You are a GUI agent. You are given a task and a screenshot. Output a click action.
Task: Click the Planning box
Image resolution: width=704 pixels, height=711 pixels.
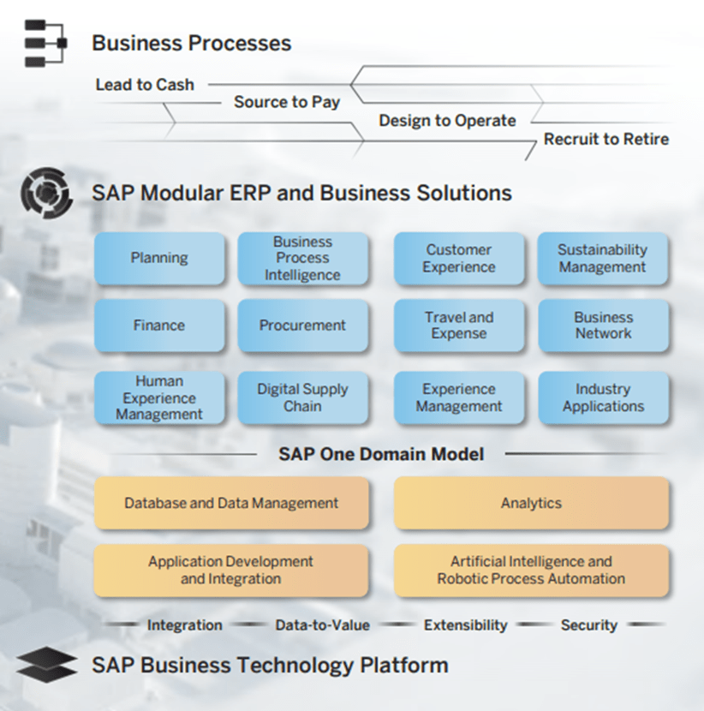coord(159,258)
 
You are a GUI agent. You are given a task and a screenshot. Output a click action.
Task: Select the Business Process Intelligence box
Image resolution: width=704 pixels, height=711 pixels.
coord(302,258)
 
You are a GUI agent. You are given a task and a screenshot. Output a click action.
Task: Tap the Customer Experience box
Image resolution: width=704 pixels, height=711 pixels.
coord(459,258)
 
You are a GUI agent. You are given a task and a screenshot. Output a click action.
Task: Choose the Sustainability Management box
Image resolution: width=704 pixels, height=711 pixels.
coord(603,258)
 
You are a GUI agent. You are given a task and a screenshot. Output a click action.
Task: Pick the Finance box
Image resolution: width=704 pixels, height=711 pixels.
coord(159,326)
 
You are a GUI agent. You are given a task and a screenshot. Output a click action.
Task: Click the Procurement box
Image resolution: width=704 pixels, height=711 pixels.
coord(302,326)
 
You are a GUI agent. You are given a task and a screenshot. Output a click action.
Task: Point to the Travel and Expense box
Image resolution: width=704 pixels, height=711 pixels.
coord(459,326)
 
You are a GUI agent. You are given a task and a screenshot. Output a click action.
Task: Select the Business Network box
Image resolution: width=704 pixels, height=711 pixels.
coord(603,326)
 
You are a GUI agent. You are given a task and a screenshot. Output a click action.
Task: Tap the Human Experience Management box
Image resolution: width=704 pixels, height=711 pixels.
coord(159,397)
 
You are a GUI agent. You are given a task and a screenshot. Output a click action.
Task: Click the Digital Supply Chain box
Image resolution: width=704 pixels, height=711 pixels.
coord(302,397)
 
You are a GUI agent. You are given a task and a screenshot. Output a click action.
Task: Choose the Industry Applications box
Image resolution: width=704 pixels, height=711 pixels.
coord(603,397)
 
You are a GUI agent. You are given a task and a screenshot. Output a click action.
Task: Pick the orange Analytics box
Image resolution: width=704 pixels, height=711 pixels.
coord(531,504)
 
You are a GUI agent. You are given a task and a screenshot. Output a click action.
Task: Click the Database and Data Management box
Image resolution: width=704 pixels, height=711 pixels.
coord(231,504)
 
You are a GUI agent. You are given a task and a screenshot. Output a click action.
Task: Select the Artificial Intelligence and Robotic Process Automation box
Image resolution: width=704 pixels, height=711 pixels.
coord(531,570)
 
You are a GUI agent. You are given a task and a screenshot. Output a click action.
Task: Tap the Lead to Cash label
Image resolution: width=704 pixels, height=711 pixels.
coord(145,85)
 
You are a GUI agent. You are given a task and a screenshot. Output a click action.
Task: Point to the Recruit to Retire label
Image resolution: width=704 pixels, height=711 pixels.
coord(606,139)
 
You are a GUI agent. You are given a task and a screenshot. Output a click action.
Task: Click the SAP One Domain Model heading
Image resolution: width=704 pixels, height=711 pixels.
coord(381,454)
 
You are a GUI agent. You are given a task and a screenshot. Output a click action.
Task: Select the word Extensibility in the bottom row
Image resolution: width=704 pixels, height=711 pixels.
coord(465,625)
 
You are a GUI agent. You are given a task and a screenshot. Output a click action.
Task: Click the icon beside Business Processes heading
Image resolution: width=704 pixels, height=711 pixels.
coord(45,44)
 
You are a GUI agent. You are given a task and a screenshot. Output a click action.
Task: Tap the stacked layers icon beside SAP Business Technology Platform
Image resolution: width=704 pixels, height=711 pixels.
coord(45,665)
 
